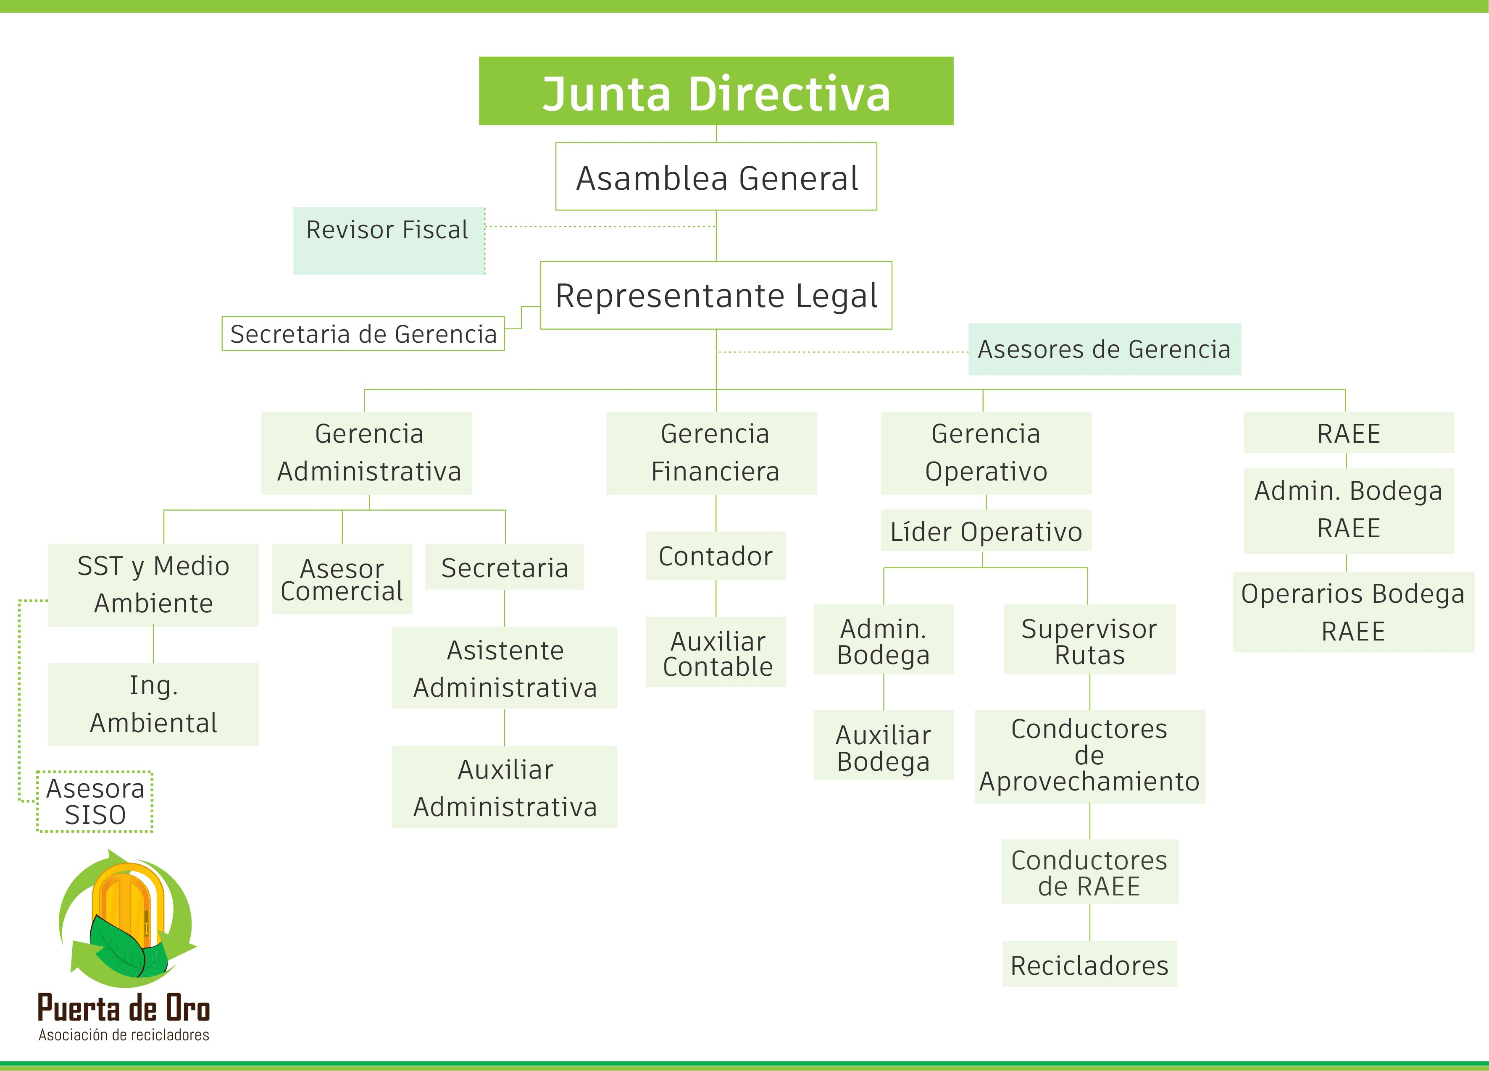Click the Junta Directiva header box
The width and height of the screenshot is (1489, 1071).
click(x=716, y=91)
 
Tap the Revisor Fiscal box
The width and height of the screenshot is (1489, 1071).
click(x=389, y=240)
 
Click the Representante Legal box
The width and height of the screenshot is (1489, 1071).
click(x=716, y=295)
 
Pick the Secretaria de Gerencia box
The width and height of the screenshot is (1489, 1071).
click(x=363, y=334)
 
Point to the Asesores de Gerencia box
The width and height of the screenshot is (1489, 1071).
click(x=1104, y=349)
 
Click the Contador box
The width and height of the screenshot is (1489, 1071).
click(x=716, y=556)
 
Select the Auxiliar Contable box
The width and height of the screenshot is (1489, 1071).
click(x=716, y=652)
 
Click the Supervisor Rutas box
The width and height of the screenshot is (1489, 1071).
click(x=1089, y=640)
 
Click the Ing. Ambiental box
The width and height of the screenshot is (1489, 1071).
click(x=153, y=704)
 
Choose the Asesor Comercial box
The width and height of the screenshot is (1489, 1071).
click(x=342, y=579)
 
